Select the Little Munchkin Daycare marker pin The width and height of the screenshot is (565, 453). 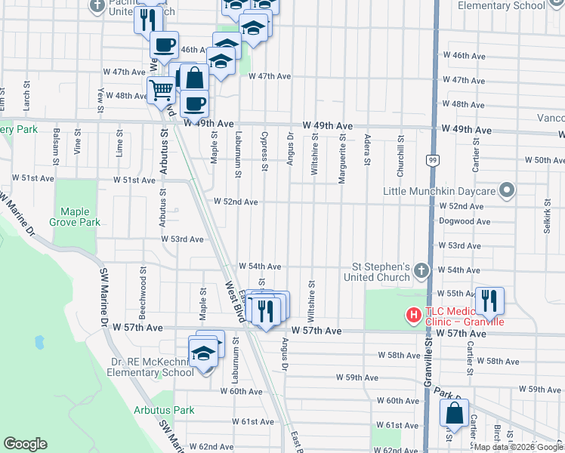[508, 191]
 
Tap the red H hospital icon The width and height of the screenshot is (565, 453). [414, 314]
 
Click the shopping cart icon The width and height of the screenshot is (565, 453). [161, 90]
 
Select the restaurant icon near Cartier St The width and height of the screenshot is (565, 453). [489, 300]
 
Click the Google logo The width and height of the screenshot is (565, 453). [25, 444]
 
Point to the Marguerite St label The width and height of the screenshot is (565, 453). [342, 149]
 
